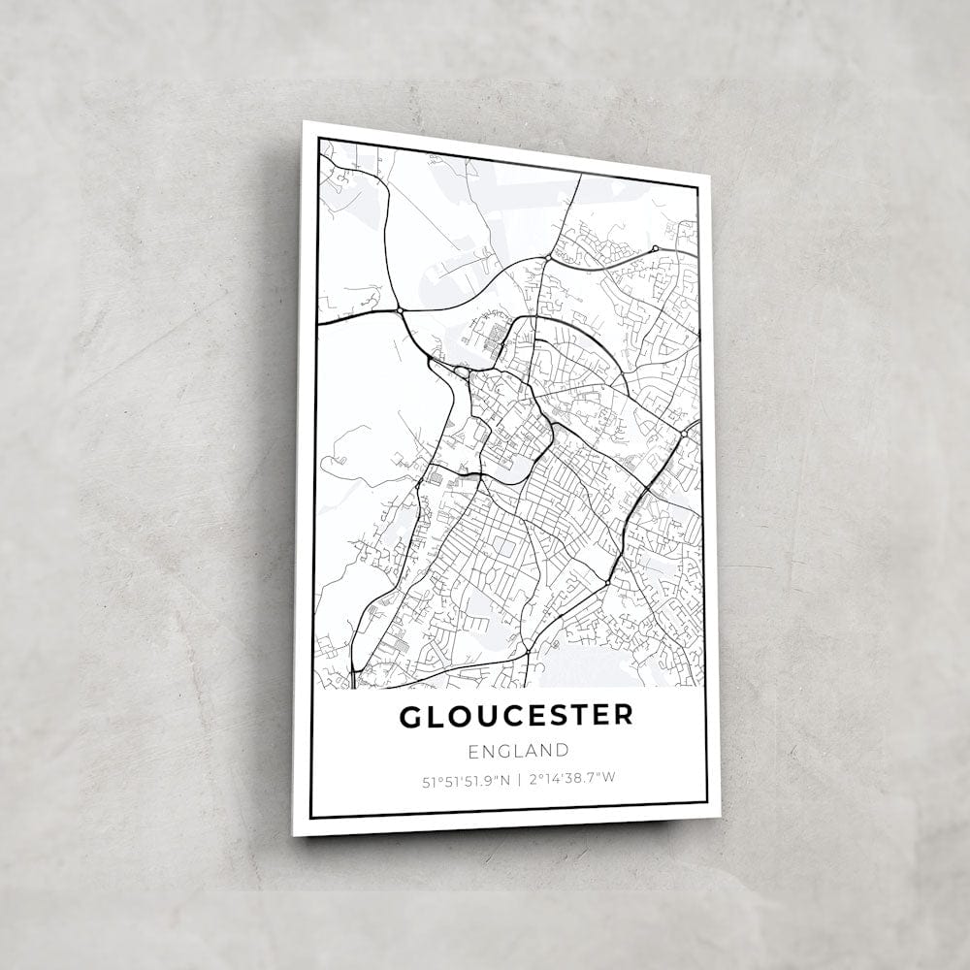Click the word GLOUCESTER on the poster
[x=516, y=716]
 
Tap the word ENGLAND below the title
[x=518, y=750]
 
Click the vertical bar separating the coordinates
[x=519, y=778]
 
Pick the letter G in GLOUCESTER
[x=410, y=716]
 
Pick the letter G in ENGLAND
[x=503, y=750]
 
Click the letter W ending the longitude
[x=611, y=778]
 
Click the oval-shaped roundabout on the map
[x=463, y=372]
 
